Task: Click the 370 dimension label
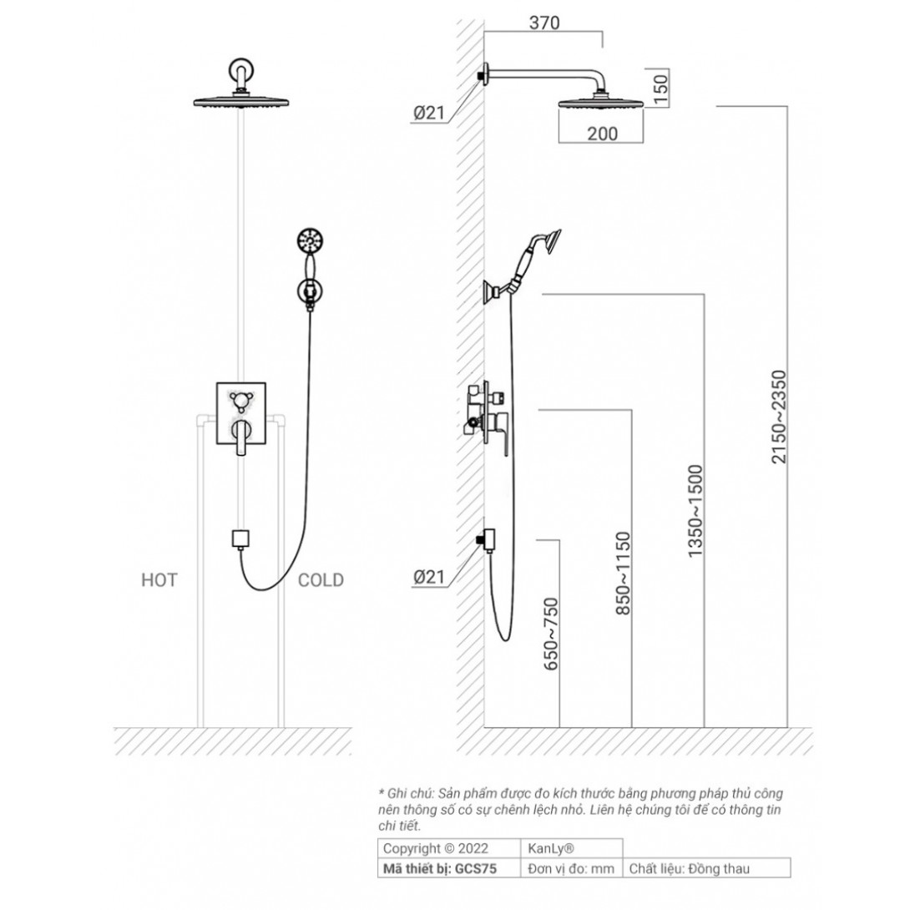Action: [544, 23]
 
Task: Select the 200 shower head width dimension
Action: [602, 133]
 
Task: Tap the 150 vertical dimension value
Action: [661, 88]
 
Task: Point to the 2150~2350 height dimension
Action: [779, 417]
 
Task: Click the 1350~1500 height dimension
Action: [695, 512]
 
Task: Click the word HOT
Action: [159, 580]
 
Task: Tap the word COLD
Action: [321, 580]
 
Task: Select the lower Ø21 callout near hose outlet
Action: [429, 576]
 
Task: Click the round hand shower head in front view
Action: [309, 243]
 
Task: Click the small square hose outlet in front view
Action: [241, 538]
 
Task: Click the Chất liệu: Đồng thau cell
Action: [689, 869]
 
